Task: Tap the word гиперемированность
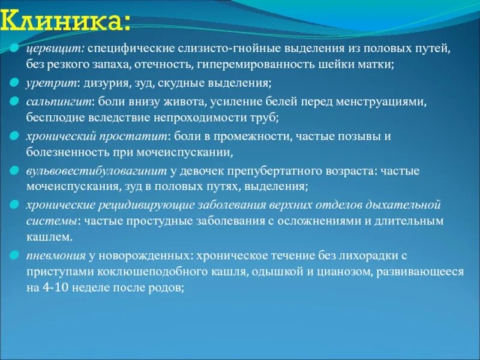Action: click(x=268, y=64)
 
